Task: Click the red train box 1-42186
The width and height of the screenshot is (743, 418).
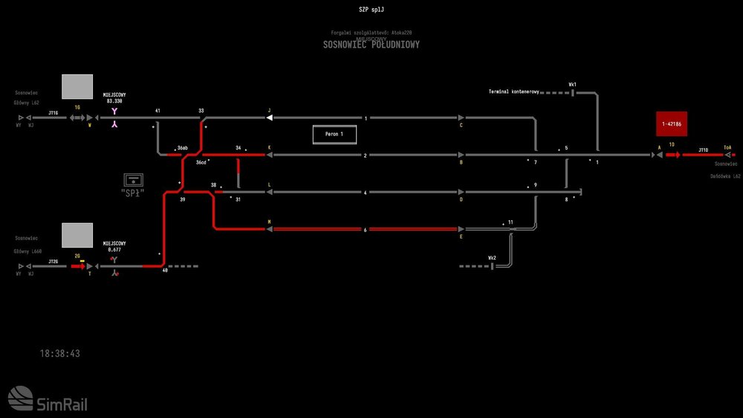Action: pos(672,124)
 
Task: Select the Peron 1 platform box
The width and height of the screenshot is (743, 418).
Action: pos(334,135)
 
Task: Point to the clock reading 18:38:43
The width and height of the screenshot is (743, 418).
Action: pos(60,354)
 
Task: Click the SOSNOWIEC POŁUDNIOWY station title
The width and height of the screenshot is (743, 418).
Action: pos(371,45)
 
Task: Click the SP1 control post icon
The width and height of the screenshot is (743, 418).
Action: pos(134,180)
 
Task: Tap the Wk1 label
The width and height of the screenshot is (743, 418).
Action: pos(573,85)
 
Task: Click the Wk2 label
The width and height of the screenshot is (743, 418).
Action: pos(492,257)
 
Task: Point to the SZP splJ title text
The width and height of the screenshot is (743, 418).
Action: pos(371,9)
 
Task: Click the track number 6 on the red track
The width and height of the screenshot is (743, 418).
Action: pos(366,230)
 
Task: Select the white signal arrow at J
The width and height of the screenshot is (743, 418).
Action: pos(271,118)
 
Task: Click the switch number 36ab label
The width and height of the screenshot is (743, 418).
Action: pos(183,148)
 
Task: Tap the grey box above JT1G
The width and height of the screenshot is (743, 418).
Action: pos(77,86)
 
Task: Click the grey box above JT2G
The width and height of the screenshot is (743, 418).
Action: pos(77,235)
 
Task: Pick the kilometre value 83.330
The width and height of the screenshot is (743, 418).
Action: pos(114,101)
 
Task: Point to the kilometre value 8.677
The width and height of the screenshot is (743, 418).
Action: pos(114,250)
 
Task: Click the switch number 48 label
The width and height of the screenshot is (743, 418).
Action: pos(165,271)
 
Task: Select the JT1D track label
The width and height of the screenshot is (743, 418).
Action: pos(703,149)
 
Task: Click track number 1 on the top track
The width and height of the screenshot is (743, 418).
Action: pos(366,118)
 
